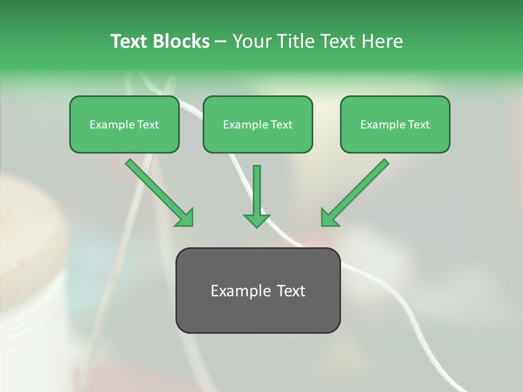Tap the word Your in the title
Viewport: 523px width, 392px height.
pyautogui.click(x=251, y=41)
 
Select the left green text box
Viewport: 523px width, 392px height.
pyautogui.click(x=124, y=125)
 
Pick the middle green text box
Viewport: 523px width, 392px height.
pyautogui.click(x=258, y=125)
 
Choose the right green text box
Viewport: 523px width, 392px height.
pyautogui.click(x=395, y=125)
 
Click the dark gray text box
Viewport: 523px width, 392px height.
pyautogui.click(x=258, y=290)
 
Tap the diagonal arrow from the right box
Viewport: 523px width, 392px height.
pyautogui.click(x=360, y=188)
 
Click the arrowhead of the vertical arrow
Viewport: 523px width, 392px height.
pyautogui.click(x=257, y=220)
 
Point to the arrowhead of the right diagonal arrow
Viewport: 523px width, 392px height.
pyautogui.click(x=329, y=217)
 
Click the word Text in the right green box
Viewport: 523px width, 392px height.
pyautogui.click(x=418, y=125)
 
